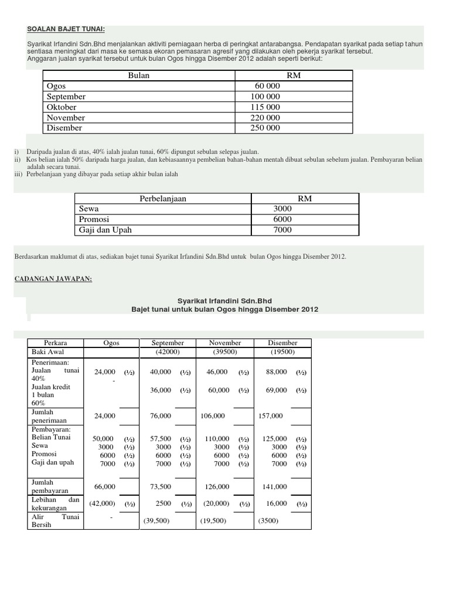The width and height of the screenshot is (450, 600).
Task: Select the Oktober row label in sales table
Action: click(62, 107)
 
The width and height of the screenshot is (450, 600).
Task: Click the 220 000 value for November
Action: click(265, 118)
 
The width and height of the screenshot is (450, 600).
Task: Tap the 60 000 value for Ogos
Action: click(267, 86)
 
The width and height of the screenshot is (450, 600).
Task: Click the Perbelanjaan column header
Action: click(162, 199)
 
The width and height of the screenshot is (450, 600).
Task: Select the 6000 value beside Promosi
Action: click(282, 219)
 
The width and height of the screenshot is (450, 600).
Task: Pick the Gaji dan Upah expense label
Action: click(105, 230)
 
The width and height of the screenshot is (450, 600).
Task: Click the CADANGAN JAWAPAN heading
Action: click(53, 278)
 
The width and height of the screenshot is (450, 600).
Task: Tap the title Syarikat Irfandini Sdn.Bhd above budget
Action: click(225, 299)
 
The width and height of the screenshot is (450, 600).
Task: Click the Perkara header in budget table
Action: click(56, 343)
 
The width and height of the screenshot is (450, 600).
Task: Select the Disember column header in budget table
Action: click(282, 343)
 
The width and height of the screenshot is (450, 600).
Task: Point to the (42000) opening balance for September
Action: click(168, 352)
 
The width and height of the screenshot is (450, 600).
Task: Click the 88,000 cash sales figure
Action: click(276, 371)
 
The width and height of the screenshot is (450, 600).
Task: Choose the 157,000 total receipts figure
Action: click(271, 415)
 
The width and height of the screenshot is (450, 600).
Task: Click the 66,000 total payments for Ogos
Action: click(104, 486)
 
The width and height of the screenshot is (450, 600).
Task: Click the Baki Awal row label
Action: click(48, 352)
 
